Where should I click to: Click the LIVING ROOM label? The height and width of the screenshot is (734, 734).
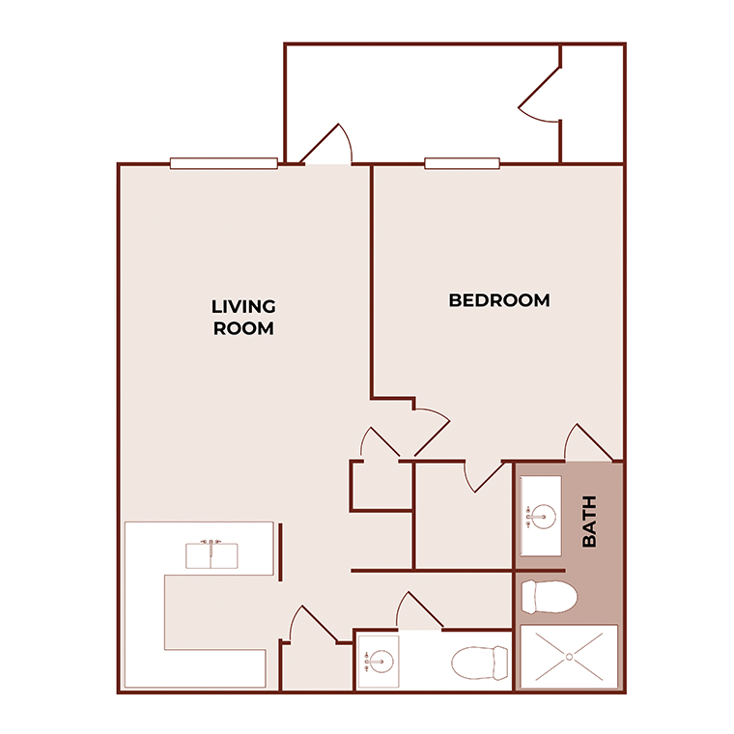point(243,317)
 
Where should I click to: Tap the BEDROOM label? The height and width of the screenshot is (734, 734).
point(499,300)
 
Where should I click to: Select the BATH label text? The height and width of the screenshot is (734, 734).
point(589,522)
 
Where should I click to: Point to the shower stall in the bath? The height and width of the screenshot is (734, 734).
point(568,657)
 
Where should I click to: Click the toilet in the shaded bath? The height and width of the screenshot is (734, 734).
point(548,596)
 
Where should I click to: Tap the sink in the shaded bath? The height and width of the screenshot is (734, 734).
point(541,516)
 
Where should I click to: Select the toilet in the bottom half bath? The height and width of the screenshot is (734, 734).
point(480,663)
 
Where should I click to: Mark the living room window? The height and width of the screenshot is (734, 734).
point(224,163)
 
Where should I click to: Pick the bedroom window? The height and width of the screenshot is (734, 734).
point(462,163)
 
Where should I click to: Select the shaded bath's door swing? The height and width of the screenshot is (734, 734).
point(586,443)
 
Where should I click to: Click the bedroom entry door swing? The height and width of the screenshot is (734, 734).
point(430,430)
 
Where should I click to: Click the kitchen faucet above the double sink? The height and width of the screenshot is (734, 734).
point(212,542)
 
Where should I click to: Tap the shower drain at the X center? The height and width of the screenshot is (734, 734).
point(568,658)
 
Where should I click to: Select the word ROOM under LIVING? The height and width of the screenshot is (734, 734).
point(243,328)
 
